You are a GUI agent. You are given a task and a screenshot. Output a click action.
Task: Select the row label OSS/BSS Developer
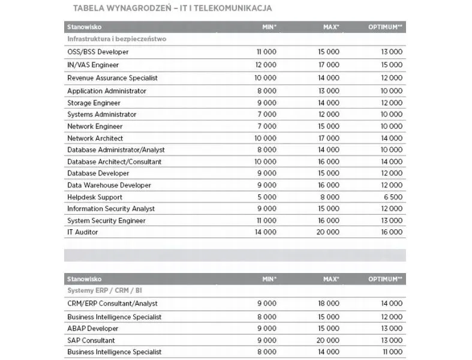point(98,52)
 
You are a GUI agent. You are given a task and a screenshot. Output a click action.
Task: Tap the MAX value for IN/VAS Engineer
point(328,65)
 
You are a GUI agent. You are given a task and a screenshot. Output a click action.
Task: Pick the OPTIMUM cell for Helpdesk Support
point(392,197)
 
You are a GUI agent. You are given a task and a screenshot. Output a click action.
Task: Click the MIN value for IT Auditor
point(266,232)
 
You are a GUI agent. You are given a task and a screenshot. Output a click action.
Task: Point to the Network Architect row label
point(95,139)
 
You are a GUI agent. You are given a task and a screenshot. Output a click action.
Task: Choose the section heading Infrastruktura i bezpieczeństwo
point(116,39)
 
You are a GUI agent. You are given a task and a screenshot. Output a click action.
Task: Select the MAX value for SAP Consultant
point(328,340)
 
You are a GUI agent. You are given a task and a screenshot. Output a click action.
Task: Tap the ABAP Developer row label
point(93,329)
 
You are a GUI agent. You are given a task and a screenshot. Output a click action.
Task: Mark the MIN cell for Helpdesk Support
point(267,197)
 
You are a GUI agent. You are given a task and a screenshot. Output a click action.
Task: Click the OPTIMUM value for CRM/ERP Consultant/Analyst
point(392,304)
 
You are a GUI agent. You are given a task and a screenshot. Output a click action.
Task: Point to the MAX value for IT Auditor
point(328,232)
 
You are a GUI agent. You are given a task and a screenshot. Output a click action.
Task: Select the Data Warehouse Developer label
point(109,185)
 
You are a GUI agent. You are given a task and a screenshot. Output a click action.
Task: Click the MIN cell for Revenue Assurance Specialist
point(266,78)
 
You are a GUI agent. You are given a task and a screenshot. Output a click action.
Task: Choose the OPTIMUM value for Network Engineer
point(392,127)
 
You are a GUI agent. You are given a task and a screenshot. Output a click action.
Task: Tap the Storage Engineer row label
point(94,103)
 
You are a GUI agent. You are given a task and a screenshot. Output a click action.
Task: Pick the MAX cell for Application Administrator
point(328,91)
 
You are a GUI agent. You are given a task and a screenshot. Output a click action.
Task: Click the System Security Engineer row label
point(106,221)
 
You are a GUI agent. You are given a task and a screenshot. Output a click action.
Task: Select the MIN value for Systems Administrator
point(267,115)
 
